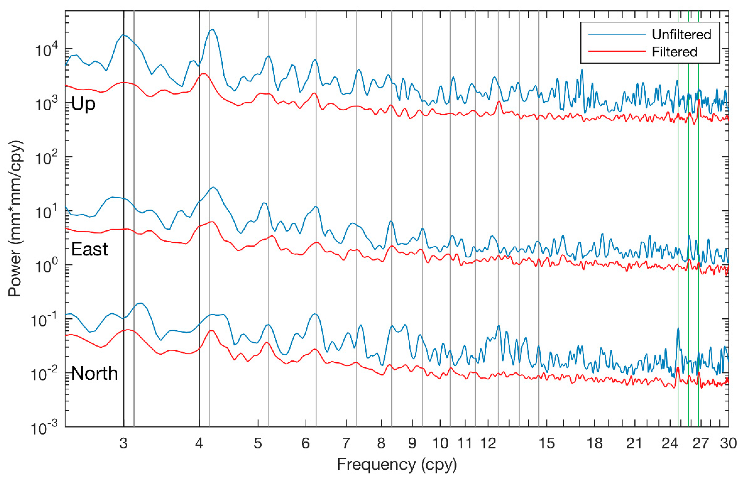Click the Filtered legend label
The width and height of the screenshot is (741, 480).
coord(674,52)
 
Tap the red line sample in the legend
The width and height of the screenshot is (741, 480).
coord(617,51)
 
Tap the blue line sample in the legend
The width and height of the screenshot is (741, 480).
coord(617,34)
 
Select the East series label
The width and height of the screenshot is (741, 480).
coord(89,249)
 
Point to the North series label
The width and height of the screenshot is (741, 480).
coord(94,373)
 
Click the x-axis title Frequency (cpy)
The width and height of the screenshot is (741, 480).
coord(397,464)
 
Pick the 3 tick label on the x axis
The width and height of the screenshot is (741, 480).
coord(124,443)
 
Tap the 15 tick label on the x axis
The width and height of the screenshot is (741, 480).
coord(547,443)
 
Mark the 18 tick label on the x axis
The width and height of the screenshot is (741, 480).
coord(595,443)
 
